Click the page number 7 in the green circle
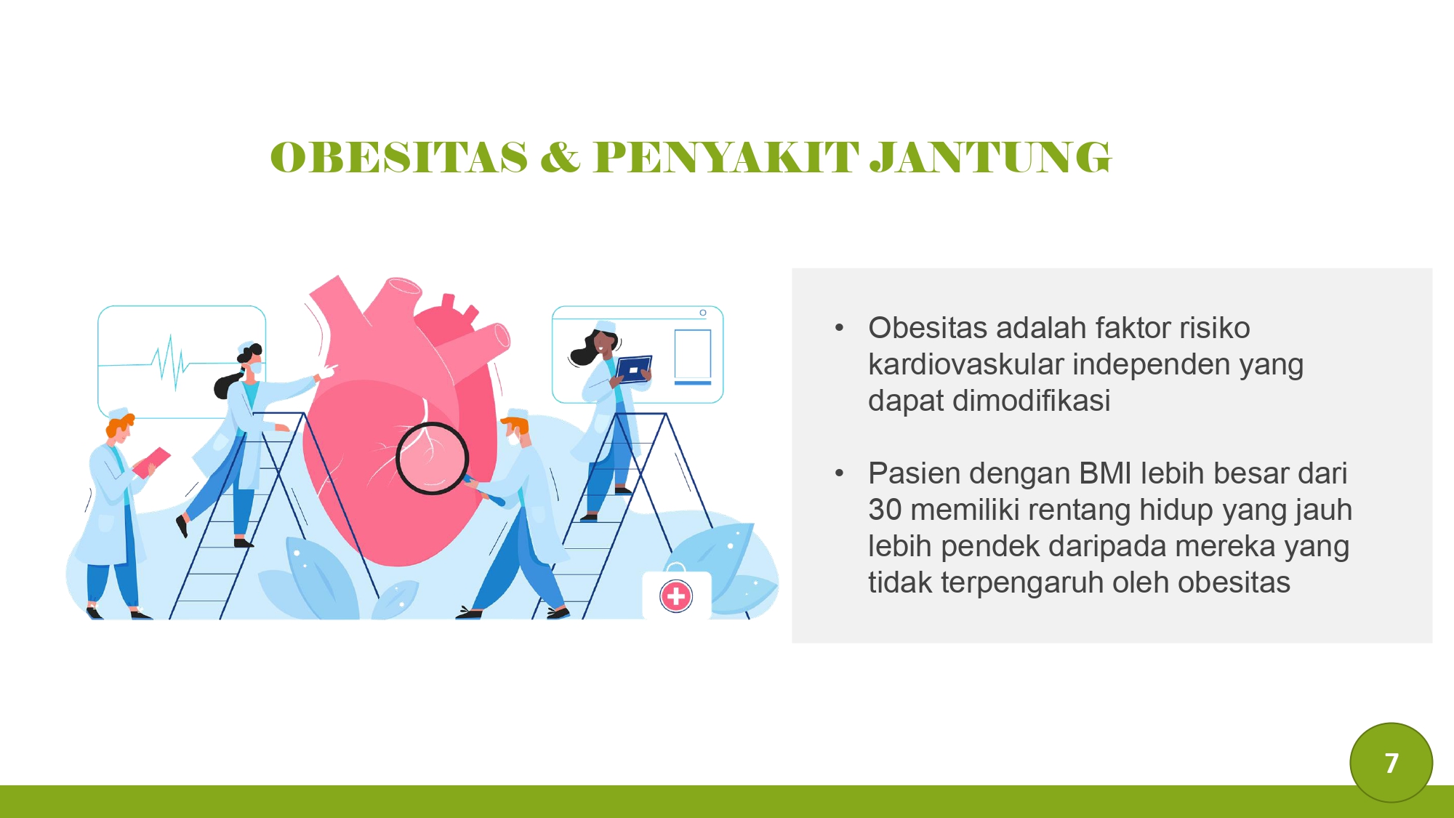click(1391, 763)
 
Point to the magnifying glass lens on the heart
click(432, 458)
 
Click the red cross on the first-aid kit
click(676, 596)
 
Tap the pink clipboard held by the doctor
click(151, 462)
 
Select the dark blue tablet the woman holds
click(633, 369)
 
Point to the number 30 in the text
click(884, 510)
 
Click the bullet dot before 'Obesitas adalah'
click(840, 329)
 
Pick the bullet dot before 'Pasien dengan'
click(840, 474)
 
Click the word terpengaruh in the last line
click(1021, 582)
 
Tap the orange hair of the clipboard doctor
click(121, 423)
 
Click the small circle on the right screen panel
click(703, 313)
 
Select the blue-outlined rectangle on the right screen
click(692, 353)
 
